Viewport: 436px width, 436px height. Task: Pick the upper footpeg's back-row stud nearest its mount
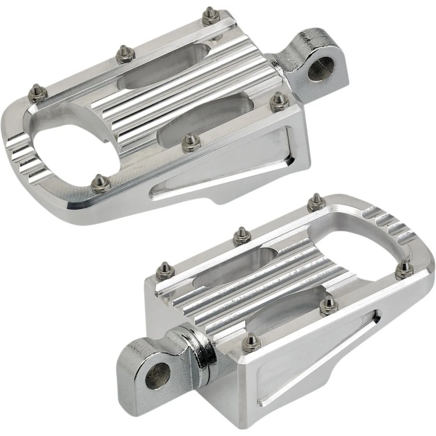click(x=209, y=14)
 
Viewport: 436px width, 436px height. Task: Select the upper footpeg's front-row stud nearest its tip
click(x=101, y=182)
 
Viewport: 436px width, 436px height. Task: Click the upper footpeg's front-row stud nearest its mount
click(x=278, y=101)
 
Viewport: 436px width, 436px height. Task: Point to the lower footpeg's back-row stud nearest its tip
click(x=316, y=200)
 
